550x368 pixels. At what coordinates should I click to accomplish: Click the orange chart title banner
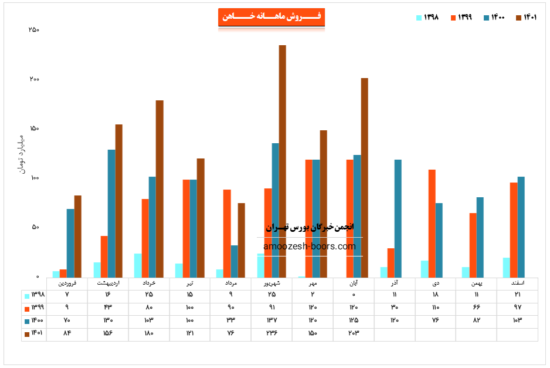pyautogui.click(x=271, y=17)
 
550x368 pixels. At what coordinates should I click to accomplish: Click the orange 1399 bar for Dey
pyautogui.click(x=432, y=223)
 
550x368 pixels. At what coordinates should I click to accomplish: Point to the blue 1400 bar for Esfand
pyautogui.click(x=521, y=227)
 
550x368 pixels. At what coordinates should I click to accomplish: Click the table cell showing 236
pyautogui.click(x=271, y=333)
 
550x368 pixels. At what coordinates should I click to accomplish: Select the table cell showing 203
pyautogui.click(x=354, y=333)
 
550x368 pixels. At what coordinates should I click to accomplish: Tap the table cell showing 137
pyautogui.click(x=271, y=320)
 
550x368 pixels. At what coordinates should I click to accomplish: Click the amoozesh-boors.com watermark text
pyautogui.click(x=310, y=247)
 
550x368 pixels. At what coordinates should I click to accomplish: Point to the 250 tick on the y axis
pyautogui.click(x=33, y=30)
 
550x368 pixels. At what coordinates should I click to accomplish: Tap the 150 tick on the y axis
pyautogui.click(x=33, y=129)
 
